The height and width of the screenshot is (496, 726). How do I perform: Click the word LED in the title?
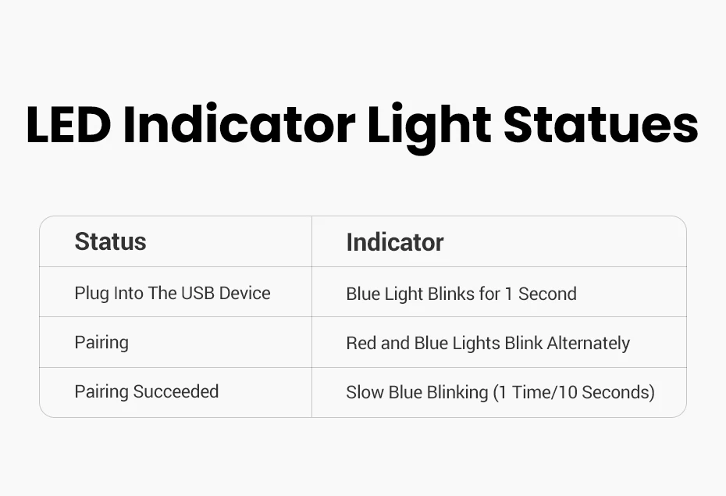(69, 125)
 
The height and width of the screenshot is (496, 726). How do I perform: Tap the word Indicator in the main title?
(239, 124)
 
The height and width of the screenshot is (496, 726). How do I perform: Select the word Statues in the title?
(600, 124)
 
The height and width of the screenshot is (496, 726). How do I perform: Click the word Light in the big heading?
(429, 128)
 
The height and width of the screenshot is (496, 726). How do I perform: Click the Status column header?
(110, 241)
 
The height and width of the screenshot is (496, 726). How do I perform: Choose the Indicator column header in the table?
(395, 242)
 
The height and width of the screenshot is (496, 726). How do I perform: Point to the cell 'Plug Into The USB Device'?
(173, 294)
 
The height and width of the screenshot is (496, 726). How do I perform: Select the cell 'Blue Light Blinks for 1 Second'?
(461, 294)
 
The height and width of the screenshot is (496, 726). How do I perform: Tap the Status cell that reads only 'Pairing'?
(101, 343)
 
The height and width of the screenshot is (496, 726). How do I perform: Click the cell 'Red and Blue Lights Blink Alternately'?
(488, 343)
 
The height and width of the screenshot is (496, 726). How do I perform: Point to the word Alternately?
(588, 343)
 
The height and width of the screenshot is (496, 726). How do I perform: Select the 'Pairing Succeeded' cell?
(146, 392)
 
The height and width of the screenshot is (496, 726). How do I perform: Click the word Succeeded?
(176, 392)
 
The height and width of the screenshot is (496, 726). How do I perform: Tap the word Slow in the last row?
(365, 392)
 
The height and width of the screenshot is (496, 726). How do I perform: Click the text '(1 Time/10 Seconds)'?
(574, 392)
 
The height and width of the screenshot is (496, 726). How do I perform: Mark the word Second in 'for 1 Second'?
(547, 294)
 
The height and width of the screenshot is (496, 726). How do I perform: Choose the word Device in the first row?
(244, 293)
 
